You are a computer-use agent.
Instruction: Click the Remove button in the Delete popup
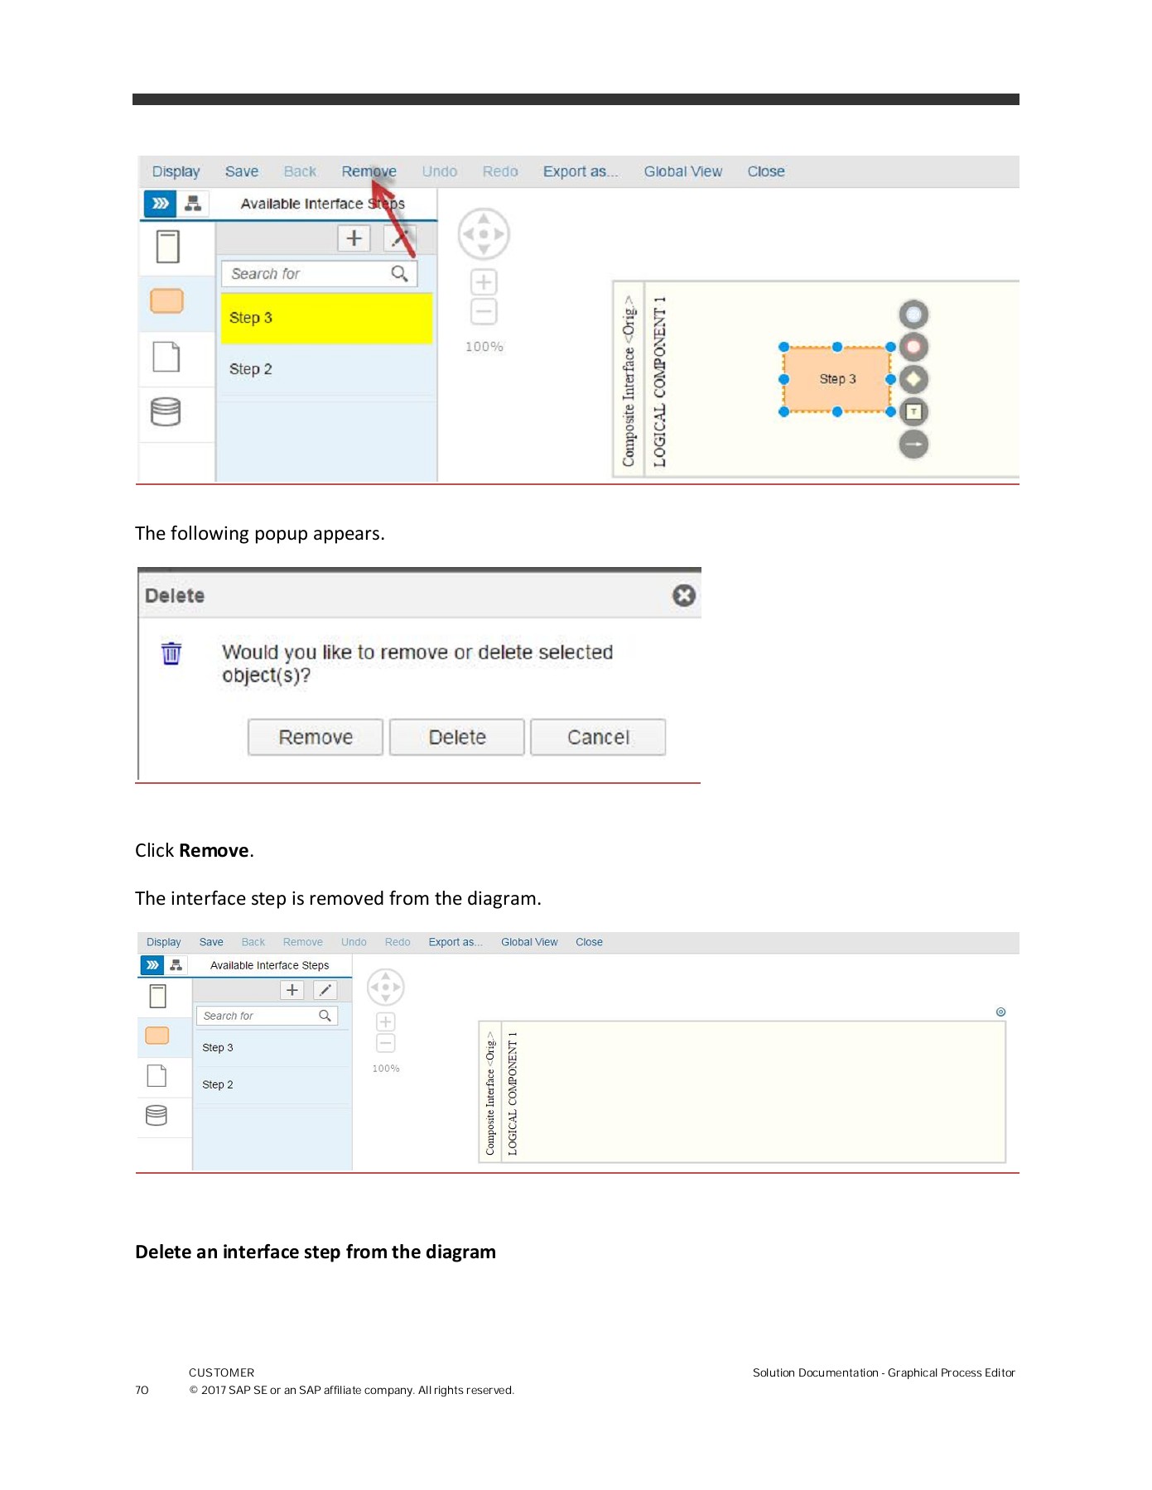coord(315,737)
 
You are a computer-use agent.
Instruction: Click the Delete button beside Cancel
coord(456,737)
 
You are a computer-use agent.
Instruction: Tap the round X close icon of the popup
coord(683,595)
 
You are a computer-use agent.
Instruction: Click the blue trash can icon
coord(171,653)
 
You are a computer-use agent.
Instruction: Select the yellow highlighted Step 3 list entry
coord(325,318)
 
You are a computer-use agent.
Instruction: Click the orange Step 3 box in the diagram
coord(836,379)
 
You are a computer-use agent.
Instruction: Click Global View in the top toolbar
coord(682,171)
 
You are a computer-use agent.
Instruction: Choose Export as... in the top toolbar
coord(580,171)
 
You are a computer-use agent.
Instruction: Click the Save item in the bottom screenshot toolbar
coord(210,942)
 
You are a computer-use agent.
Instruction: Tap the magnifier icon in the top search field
coord(399,273)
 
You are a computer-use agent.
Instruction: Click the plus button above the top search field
coord(354,238)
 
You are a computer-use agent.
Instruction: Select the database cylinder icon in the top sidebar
coord(166,411)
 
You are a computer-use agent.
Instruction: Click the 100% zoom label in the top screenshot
coord(484,347)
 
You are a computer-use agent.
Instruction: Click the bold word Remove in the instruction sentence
coord(214,850)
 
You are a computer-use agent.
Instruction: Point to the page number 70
coord(142,1390)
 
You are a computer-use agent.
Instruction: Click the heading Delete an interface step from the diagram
coord(315,1252)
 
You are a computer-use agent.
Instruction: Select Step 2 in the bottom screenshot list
coord(218,1084)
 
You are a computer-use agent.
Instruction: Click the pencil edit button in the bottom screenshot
coord(325,990)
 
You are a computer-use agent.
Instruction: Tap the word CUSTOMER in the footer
coord(221,1372)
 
